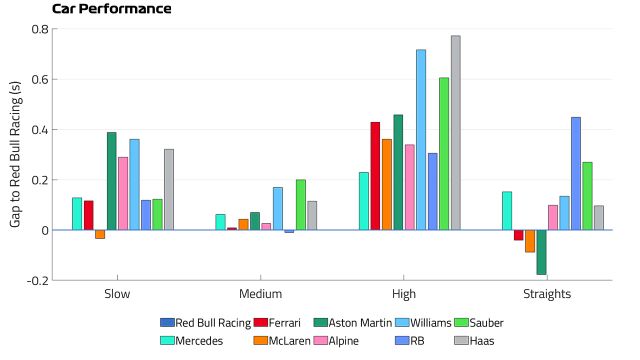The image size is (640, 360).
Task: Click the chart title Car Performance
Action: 111,9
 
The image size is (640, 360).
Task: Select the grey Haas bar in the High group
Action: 455,133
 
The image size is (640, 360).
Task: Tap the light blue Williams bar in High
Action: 421,140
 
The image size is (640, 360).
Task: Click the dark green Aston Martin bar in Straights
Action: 541,252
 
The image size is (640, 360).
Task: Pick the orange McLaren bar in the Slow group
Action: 100,234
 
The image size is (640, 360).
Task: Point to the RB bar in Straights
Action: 576,173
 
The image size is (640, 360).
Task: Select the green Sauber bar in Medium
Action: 301,205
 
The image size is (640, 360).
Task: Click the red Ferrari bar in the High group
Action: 375,176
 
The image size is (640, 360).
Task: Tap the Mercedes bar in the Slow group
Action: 77,214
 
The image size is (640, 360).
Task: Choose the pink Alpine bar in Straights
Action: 553,217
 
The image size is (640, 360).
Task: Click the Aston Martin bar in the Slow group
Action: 111,181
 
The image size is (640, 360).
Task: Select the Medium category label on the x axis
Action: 260,294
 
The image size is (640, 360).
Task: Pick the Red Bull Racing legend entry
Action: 205,323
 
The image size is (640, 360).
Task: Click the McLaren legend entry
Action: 282,341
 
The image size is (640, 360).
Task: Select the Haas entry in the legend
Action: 474,341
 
